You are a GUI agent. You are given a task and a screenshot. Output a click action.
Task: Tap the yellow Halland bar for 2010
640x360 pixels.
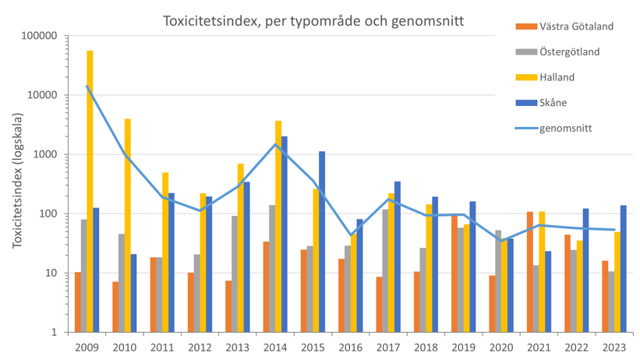127,225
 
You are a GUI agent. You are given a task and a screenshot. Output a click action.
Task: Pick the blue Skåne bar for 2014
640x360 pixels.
285,234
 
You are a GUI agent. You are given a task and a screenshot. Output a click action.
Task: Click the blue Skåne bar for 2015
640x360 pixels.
322,242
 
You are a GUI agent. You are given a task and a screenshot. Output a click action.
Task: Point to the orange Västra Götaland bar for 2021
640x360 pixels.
530,272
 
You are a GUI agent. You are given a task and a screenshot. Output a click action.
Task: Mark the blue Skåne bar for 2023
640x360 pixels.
624,269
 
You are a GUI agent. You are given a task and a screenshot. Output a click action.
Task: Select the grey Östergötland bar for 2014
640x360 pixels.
272,268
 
